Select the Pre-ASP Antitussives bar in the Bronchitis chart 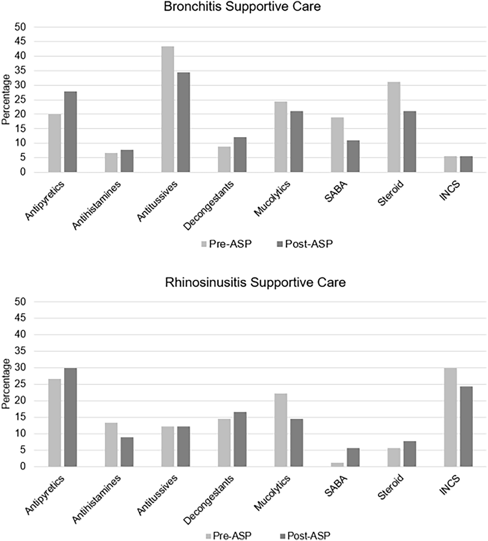167,109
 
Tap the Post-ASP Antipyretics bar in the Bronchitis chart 70,132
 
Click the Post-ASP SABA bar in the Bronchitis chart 353,156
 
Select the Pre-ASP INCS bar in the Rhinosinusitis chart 450,417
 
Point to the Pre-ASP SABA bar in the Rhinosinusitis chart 337,464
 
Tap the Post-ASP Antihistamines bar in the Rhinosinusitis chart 127,452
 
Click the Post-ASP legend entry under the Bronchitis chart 305,244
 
